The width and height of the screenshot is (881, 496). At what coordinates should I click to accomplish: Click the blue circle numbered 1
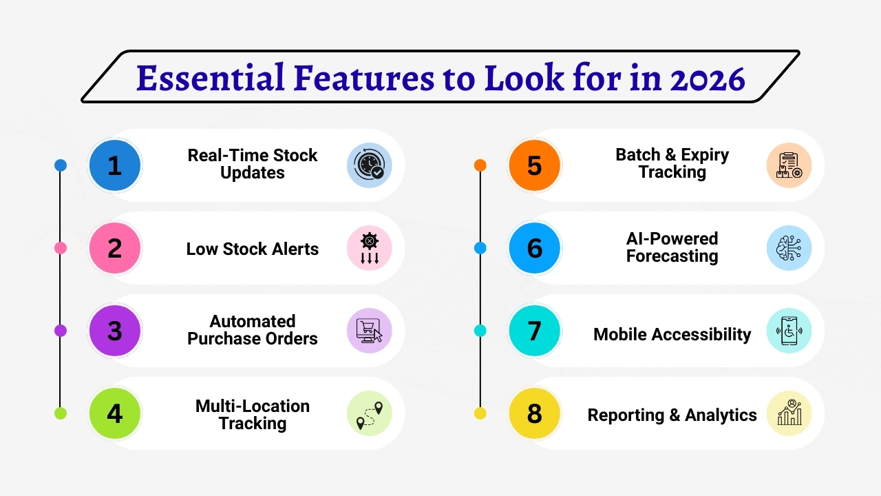coord(115,165)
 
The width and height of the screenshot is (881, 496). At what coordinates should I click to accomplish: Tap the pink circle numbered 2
coord(115,248)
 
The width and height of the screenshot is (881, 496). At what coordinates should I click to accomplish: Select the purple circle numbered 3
coord(115,331)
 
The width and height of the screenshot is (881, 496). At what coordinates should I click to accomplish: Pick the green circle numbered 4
coord(115,413)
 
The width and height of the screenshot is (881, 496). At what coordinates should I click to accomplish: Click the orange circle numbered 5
coord(535,165)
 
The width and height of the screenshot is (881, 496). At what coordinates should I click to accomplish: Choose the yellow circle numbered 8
coord(535,413)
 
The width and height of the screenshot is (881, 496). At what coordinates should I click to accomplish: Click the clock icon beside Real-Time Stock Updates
coord(369,165)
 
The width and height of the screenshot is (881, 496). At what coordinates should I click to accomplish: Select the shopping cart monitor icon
coord(369,331)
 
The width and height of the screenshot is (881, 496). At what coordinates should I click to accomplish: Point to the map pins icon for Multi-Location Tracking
coord(369,413)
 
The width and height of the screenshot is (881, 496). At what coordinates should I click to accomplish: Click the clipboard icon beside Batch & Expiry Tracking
coord(789,165)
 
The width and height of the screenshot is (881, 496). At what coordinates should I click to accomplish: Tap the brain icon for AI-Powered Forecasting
coord(789,248)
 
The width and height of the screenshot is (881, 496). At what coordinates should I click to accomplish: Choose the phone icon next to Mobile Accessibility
coord(789,331)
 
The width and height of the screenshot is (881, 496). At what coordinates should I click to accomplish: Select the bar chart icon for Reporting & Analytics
coord(789,413)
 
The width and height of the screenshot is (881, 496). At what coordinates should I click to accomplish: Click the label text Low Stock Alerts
coord(253,249)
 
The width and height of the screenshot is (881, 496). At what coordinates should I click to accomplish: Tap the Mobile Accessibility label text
coord(672,334)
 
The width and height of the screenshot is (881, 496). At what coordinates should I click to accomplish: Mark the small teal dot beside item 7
coord(480,331)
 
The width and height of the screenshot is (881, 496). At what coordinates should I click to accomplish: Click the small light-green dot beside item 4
coord(61,413)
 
